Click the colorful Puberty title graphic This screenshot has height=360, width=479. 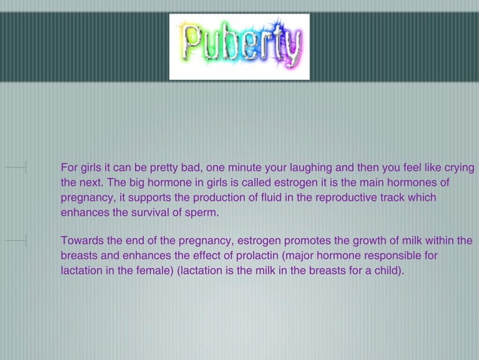coord(239,47)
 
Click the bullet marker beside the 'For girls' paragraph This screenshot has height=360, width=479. coord(26,167)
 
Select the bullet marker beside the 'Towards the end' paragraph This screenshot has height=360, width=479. coord(26,241)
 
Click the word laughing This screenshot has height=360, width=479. coord(317,167)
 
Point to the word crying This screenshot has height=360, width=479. coord(456,167)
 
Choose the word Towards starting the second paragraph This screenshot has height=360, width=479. coord(84,241)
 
